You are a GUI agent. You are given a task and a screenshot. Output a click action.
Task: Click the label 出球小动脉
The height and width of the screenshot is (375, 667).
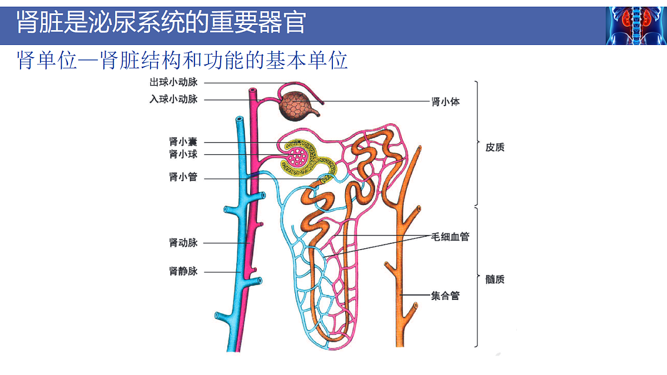(173, 82)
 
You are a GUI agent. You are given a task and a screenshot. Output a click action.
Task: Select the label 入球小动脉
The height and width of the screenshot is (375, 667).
(173, 99)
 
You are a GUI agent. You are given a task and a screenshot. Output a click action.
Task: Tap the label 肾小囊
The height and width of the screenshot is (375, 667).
(183, 142)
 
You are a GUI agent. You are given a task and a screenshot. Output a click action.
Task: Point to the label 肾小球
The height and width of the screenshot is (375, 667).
(183, 154)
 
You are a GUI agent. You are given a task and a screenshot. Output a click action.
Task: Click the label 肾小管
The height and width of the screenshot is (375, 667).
(183, 177)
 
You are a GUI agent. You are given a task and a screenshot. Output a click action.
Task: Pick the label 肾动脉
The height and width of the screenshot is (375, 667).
(183, 243)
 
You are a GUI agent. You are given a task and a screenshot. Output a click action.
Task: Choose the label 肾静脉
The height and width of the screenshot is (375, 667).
(183, 271)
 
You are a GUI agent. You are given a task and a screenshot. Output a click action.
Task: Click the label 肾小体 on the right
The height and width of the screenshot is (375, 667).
(445, 102)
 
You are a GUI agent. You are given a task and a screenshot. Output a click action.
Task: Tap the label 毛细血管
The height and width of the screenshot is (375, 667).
(450, 237)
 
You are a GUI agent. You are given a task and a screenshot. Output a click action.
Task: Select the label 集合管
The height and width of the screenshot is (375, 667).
(445, 296)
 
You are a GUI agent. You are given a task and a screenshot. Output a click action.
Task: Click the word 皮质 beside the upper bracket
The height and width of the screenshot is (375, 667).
(495, 147)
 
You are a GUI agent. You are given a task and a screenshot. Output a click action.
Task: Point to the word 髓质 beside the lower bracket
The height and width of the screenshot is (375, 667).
(495, 279)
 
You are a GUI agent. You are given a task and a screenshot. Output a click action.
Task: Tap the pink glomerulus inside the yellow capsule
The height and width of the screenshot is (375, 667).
(297, 157)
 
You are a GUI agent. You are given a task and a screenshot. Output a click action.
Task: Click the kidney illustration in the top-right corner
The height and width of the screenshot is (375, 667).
(636, 26)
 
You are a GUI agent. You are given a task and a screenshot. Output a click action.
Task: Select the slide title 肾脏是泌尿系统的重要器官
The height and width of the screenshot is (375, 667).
(161, 23)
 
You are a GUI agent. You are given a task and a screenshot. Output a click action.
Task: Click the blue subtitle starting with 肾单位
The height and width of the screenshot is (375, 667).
(182, 61)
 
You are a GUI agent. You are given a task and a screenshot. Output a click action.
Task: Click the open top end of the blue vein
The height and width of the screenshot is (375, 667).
(240, 119)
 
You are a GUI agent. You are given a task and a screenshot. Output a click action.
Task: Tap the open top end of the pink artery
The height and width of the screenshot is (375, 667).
(253, 90)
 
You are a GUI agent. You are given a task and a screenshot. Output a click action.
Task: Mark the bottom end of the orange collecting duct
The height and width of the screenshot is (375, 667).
(400, 346)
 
